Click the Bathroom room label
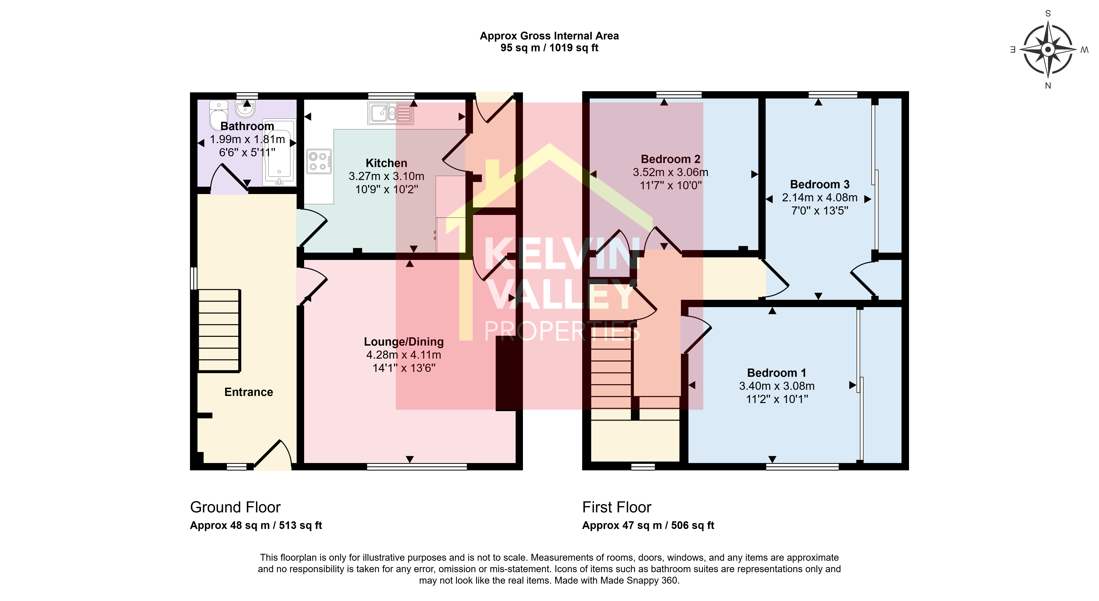[247, 126]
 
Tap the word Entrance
[249, 392]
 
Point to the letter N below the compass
[1048, 86]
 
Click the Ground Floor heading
[235, 507]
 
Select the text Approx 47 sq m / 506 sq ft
[648, 526]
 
